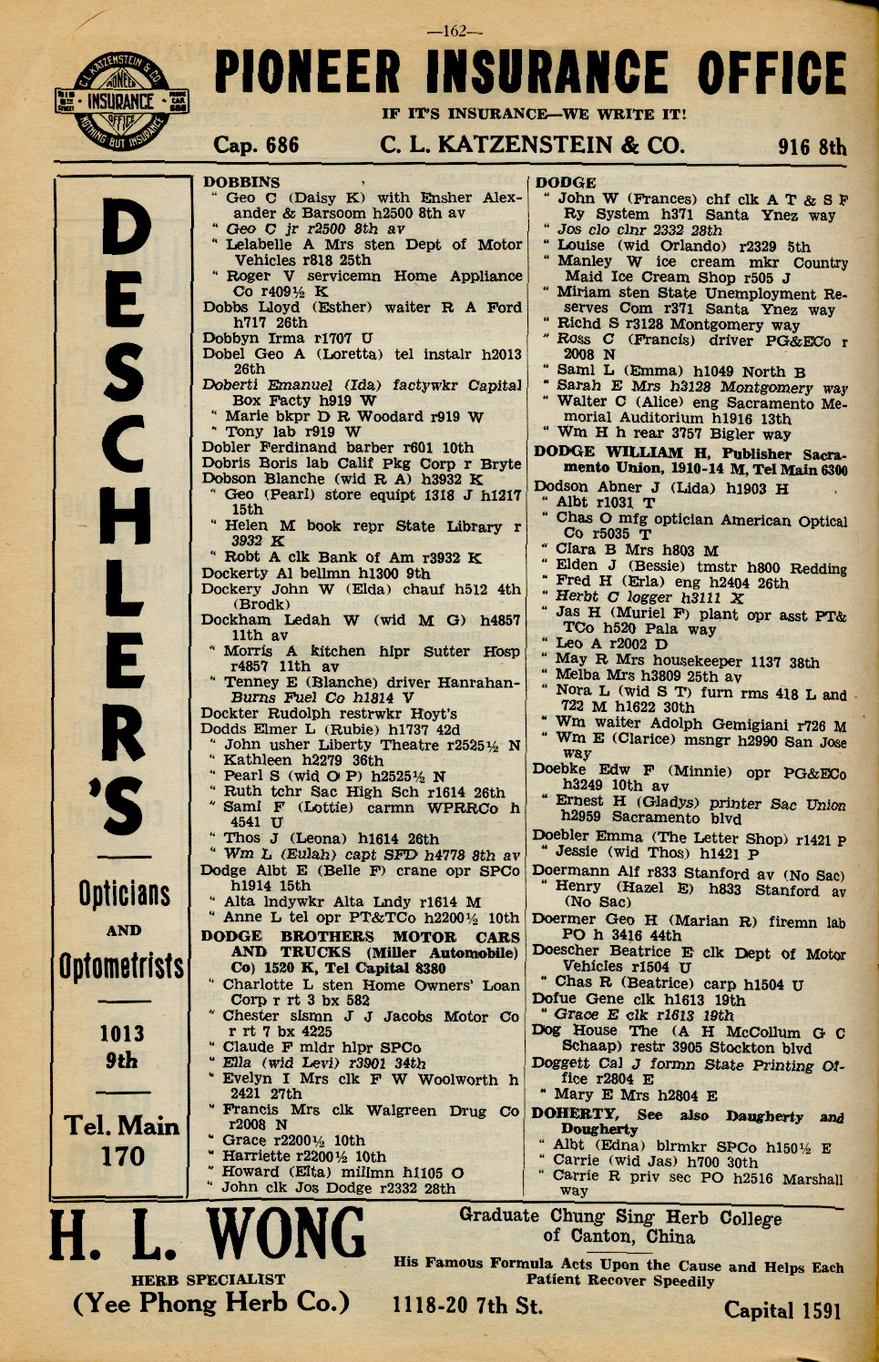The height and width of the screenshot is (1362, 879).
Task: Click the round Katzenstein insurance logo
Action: coord(119,102)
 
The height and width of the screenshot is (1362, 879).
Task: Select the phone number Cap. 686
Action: coord(256,146)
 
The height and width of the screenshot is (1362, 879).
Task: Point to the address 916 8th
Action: coord(812,147)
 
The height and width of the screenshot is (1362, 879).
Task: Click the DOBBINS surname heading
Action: coord(241,182)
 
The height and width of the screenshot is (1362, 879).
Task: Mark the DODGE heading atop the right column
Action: coord(567,182)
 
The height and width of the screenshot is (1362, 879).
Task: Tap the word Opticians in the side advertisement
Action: coord(124,893)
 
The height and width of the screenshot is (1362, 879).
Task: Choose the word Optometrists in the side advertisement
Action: coord(122,966)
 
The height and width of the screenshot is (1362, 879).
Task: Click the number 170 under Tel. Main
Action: coord(123,1156)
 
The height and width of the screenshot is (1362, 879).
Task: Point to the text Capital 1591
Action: coord(782,1310)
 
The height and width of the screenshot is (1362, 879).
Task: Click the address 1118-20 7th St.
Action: coord(467,1306)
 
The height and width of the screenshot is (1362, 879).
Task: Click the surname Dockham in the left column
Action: coord(233,620)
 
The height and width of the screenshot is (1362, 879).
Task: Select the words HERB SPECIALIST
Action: coord(209,1279)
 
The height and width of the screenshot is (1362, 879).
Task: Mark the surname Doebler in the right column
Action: coord(561,836)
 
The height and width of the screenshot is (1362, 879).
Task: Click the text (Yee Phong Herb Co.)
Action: coord(211,1304)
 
